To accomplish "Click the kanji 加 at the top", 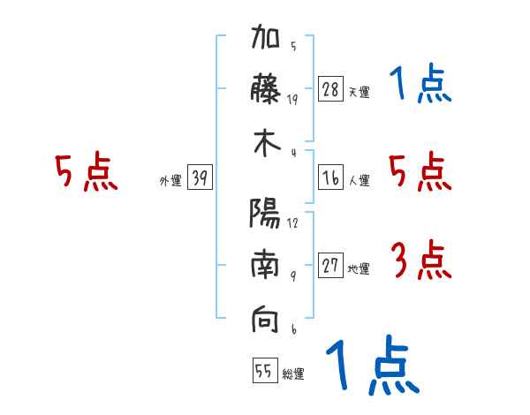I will (x=265, y=41).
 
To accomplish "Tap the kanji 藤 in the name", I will (x=265, y=91).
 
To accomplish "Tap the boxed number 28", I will (x=330, y=89).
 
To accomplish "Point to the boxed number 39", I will (x=200, y=178).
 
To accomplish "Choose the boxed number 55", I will (x=263, y=372).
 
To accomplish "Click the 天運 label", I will (x=359, y=92).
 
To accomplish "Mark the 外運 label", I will (x=170, y=181).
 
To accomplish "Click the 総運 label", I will (x=293, y=374).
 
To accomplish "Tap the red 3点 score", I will (x=420, y=261).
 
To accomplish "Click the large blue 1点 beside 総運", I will (x=371, y=366).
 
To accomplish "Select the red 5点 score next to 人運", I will (x=420, y=171).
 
